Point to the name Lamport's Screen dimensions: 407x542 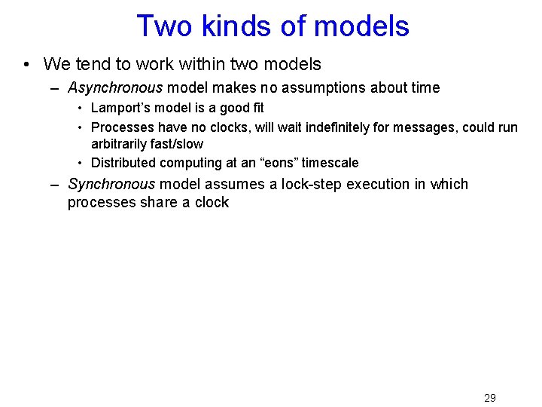[x=118, y=108]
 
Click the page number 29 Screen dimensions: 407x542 [x=489, y=397]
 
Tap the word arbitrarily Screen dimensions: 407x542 [x=121, y=143]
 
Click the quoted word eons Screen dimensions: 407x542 [x=280, y=163]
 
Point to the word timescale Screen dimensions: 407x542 [x=330, y=163]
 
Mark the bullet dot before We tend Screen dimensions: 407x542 [x=26, y=65]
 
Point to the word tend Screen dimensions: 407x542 [x=87, y=65]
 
